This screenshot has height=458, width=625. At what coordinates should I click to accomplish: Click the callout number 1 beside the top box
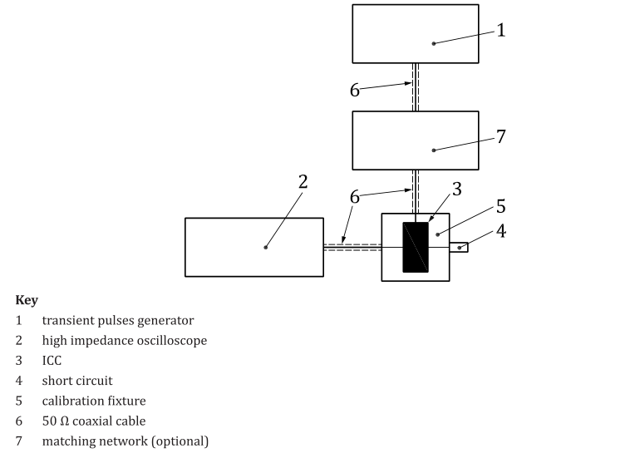[501, 30]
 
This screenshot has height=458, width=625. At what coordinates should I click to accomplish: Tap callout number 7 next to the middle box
[501, 136]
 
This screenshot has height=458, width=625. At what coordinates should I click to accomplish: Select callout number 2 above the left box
[303, 182]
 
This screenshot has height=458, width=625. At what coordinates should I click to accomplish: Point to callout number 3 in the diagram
[457, 189]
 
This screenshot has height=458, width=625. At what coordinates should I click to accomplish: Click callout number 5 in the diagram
[501, 206]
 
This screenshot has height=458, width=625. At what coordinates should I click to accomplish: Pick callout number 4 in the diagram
[501, 231]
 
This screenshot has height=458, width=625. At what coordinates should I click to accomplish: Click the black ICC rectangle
[416, 247]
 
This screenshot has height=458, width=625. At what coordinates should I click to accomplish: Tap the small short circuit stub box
[459, 247]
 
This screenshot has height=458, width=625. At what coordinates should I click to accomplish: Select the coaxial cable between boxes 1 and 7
[416, 87]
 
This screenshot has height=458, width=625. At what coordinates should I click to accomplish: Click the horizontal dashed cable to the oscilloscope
[352, 247]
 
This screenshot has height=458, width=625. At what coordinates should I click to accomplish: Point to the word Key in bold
[27, 300]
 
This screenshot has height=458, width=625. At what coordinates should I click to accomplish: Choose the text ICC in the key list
[52, 361]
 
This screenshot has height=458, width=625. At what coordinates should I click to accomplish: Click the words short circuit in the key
[77, 381]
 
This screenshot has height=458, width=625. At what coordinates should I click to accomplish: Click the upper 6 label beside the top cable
[355, 91]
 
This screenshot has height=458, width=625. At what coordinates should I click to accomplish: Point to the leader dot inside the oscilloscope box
[266, 248]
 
